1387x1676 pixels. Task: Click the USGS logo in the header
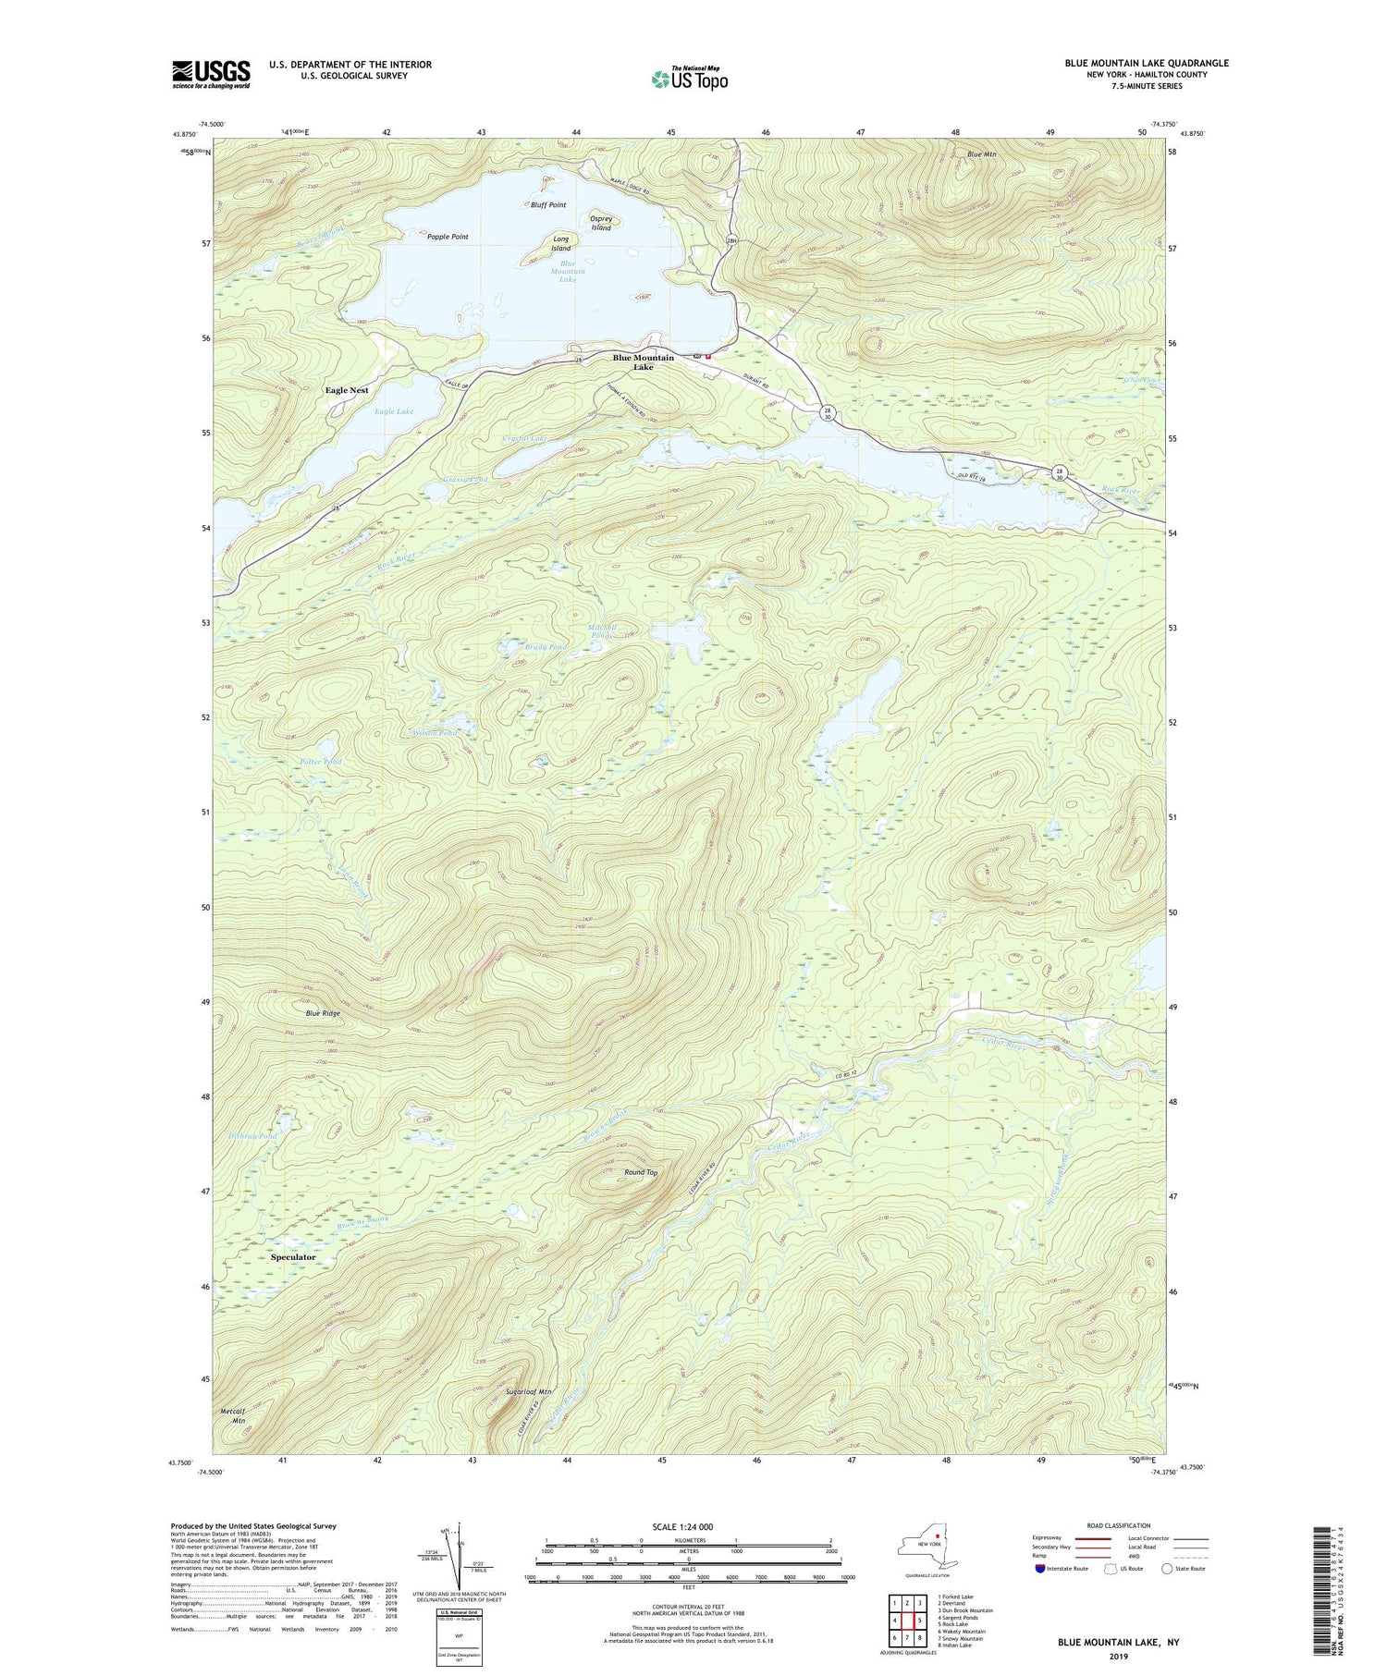(x=211, y=74)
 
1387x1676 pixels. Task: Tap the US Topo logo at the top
(x=689, y=79)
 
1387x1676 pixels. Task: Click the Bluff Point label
(x=548, y=205)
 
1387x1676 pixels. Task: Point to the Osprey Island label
(x=601, y=224)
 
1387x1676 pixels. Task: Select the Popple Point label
(x=448, y=237)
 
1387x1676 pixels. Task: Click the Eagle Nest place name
(x=347, y=390)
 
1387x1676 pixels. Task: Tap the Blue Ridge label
(x=324, y=1013)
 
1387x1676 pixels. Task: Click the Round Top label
(x=641, y=1172)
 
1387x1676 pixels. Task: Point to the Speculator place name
(x=293, y=1257)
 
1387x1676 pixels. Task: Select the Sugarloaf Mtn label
(x=529, y=1391)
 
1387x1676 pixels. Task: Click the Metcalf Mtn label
(x=233, y=1415)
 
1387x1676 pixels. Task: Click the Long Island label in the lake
(x=560, y=244)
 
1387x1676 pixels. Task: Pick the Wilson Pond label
(x=434, y=733)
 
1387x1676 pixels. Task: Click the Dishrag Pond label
(x=252, y=1136)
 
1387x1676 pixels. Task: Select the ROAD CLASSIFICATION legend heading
(x=1119, y=1525)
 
